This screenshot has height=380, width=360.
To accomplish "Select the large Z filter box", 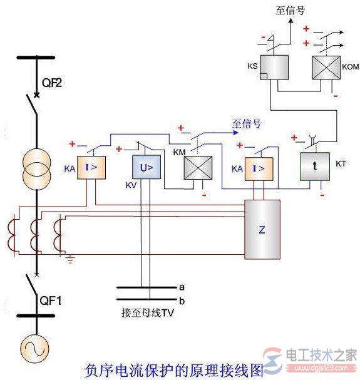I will pyautogui.click(x=262, y=230).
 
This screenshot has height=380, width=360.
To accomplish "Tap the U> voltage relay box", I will pyautogui.click(x=142, y=168).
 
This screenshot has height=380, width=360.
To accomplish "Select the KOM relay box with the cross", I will pyautogui.click(x=326, y=68).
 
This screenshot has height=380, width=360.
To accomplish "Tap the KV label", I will pyautogui.click(x=131, y=186).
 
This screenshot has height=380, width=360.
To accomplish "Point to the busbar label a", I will pyautogui.click(x=182, y=287).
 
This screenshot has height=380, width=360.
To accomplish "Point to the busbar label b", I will pyautogui.click(x=182, y=300).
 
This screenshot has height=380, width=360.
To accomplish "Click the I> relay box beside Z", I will pyautogui.click(x=259, y=168).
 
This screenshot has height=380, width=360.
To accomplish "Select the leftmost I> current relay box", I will pyautogui.click(x=91, y=168).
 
